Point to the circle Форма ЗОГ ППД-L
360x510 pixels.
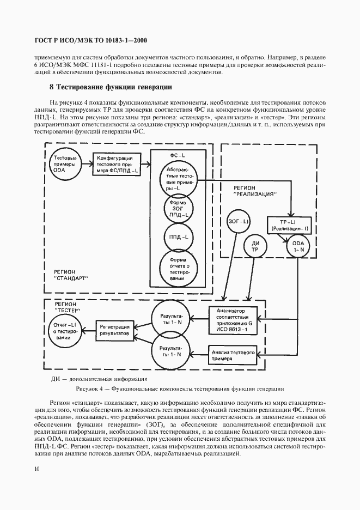point(179,208)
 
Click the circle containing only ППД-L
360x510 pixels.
point(179,238)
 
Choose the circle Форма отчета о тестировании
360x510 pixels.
point(179,268)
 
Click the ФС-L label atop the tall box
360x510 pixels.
point(178,155)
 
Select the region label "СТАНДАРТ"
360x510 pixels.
point(71,274)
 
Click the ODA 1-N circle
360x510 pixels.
point(298,246)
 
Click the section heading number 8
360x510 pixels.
point(51,87)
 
